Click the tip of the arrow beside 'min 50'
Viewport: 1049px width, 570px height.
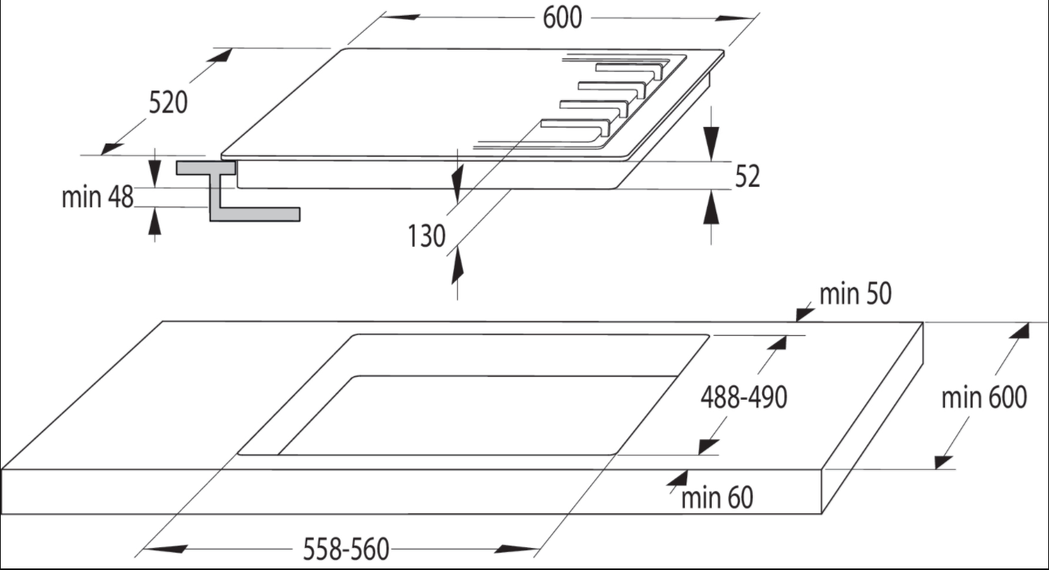point(796,322)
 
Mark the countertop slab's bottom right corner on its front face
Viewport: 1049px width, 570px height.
point(821,514)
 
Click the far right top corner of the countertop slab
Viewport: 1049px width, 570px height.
point(923,322)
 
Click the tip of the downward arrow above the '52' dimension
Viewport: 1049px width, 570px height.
point(712,161)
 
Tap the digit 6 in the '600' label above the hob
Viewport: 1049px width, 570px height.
point(549,18)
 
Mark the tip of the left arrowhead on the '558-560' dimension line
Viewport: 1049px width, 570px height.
point(143,549)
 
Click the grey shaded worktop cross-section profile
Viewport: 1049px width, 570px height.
point(238,192)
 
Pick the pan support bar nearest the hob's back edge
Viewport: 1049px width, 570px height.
point(629,69)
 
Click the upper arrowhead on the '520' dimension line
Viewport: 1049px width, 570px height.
point(219,55)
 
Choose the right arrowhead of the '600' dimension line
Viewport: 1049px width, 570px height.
point(735,19)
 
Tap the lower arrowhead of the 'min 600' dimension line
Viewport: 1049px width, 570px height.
point(944,462)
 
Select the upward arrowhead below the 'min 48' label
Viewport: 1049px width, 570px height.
point(154,222)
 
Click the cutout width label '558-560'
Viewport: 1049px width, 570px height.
point(346,550)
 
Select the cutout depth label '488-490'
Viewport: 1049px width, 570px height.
point(744,397)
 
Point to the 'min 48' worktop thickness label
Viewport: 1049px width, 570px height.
point(98,197)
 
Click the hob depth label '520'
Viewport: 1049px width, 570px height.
point(168,102)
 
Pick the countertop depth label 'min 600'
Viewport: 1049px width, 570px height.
point(984,397)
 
